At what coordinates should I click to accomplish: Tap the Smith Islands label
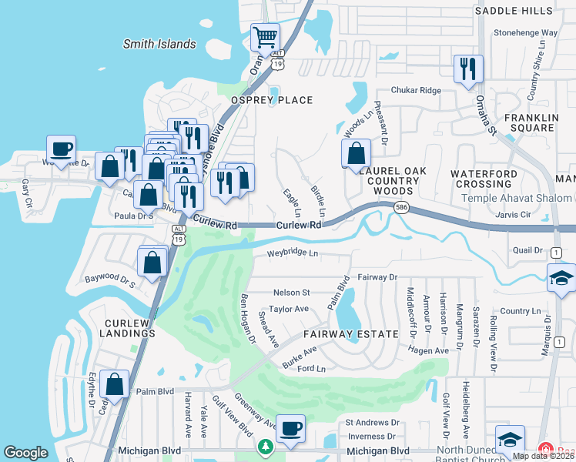point(159,44)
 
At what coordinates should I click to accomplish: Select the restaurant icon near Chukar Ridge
point(467,69)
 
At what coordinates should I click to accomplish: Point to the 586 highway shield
point(402,208)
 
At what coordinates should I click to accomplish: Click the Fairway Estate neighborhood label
point(350,334)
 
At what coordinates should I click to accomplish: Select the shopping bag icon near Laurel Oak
point(356,152)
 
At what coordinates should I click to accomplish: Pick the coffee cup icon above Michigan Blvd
point(290,429)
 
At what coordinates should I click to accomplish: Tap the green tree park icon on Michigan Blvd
point(265,447)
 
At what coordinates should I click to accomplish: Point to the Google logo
point(26,453)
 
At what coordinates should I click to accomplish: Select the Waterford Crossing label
point(481,179)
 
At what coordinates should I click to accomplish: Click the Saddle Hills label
point(514,10)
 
